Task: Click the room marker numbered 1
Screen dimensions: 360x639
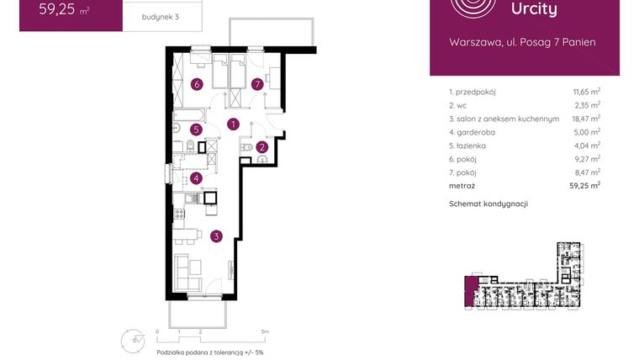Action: click(x=233, y=124)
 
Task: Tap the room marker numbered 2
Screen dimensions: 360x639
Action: click(x=262, y=146)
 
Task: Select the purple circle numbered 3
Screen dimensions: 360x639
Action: click(x=216, y=236)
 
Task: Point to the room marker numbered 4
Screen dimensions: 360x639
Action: click(x=195, y=178)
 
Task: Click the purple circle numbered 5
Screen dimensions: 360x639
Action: click(x=195, y=130)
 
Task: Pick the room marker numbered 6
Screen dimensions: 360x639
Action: click(x=196, y=84)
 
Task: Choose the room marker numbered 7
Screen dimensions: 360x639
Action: click(x=257, y=84)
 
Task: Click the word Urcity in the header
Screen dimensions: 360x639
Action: click(x=534, y=9)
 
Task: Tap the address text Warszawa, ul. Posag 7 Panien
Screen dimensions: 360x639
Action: click(x=522, y=41)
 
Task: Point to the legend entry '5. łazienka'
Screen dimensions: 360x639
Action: click(x=473, y=146)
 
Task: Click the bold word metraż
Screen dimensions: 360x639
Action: click(x=462, y=185)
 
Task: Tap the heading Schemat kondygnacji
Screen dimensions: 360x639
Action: click(x=488, y=204)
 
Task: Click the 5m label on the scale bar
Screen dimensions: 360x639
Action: click(x=264, y=332)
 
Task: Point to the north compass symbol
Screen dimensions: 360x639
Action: click(x=135, y=339)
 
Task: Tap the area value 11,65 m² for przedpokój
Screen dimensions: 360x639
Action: click(x=584, y=91)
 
